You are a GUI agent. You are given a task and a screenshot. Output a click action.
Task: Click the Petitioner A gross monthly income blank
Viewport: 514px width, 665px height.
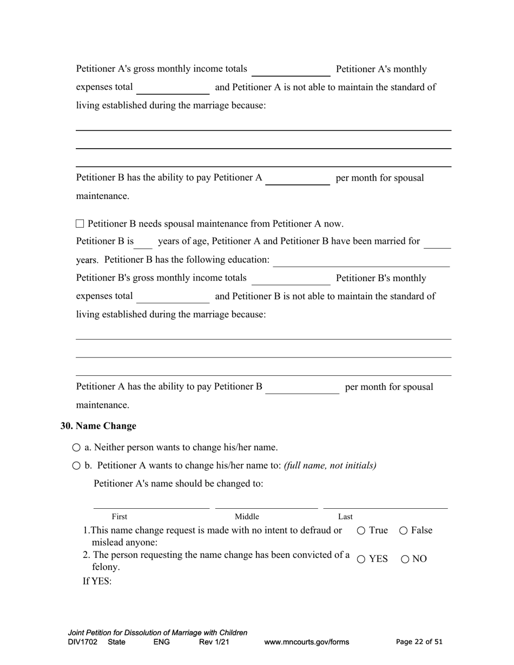(291, 70)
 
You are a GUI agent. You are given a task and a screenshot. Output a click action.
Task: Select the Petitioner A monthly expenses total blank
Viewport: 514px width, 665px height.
(173, 88)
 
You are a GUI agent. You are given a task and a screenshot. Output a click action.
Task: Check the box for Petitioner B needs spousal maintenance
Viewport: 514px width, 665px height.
(80, 223)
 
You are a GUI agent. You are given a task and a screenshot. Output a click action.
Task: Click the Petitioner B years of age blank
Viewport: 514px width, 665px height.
(143, 243)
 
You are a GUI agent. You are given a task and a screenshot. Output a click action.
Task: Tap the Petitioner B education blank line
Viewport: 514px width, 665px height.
(361, 261)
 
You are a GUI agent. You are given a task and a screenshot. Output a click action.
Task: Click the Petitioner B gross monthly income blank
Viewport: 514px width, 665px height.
(291, 280)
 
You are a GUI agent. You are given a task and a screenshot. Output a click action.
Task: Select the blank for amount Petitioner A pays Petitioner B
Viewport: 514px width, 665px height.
(302, 388)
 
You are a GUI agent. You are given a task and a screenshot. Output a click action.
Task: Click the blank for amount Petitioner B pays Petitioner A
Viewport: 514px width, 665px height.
(298, 179)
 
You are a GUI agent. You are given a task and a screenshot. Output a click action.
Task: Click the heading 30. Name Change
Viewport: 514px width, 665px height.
(98, 426)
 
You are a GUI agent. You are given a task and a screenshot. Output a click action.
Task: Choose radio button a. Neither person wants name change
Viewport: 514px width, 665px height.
(76, 448)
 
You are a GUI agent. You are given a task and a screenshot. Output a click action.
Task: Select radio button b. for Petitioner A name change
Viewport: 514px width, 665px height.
(76, 465)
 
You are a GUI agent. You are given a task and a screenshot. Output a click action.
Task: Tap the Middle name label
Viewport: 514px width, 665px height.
(247, 517)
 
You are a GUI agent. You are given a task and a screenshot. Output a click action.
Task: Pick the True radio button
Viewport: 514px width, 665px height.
(361, 531)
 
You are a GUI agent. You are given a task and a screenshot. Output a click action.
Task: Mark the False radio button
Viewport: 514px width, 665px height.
(403, 531)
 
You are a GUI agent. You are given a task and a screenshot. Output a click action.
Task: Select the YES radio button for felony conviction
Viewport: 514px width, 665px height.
(361, 560)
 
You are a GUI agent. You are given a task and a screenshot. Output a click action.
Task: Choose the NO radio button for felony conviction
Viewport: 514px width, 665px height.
(405, 560)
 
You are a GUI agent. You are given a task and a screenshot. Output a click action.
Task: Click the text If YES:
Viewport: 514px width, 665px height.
(97, 582)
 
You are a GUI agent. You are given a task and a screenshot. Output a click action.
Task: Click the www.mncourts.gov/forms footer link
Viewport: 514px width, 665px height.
(306, 642)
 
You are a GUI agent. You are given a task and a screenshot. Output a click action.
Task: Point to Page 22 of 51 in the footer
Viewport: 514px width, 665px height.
(419, 642)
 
